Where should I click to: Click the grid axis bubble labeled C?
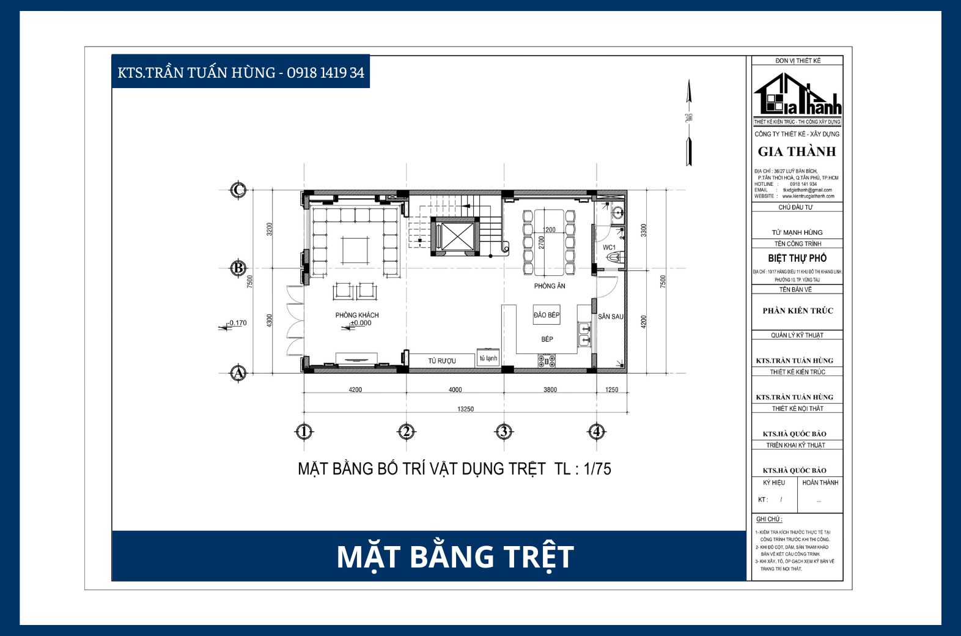(x=238, y=190)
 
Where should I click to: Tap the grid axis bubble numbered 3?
(x=503, y=432)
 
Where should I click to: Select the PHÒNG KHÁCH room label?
(x=356, y=315)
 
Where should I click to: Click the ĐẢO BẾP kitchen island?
(x=546, y=316)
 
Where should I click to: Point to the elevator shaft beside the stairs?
(x=452, y=236)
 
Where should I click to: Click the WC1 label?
(x=609, y=248)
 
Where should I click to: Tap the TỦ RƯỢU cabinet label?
(x=441, y=361)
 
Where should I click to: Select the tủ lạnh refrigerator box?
(x=488, y=358)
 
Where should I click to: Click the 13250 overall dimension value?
(x=465, y=409)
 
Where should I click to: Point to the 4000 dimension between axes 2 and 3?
(x=455, y=390)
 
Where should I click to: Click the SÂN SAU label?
(x=610, y=317)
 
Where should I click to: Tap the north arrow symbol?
(x=689, y=122)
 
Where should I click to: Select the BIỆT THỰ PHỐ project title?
(x=797, y=258)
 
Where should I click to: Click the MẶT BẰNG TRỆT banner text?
(x=455, y=556)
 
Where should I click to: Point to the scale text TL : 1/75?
(x=582, y=469)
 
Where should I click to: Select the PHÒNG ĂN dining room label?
(x=549, y=286)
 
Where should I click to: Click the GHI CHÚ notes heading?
(x=768, y=519)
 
